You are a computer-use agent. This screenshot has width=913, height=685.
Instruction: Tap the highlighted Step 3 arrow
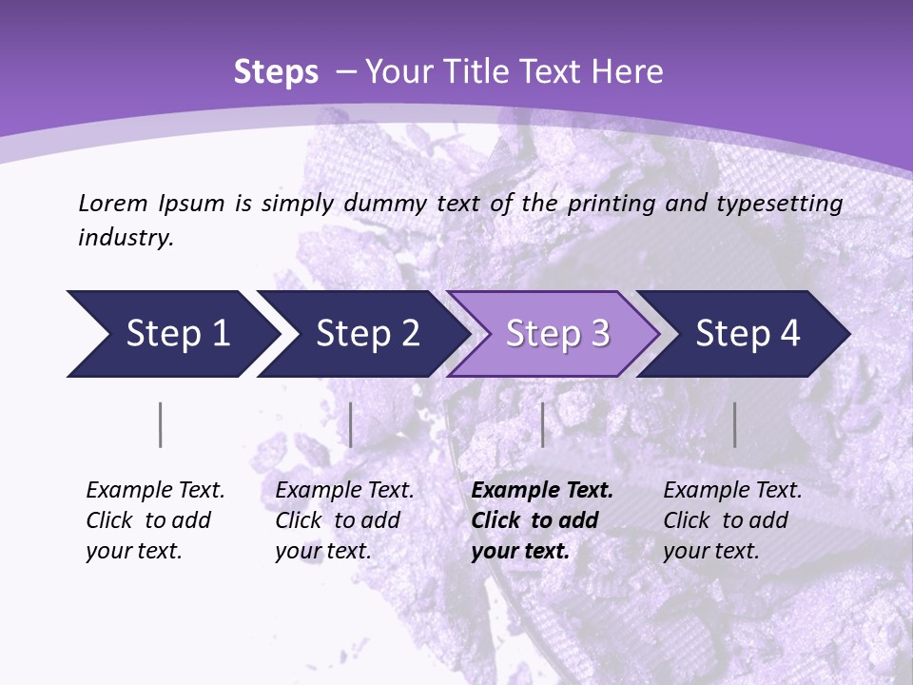554,334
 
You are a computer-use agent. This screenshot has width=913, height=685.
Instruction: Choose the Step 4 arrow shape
745,334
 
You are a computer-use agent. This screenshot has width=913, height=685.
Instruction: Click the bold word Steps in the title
276,72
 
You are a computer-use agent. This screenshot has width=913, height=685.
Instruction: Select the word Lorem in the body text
113,204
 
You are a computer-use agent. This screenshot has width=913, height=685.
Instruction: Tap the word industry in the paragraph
125,237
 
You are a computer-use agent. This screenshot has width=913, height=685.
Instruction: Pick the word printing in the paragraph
611,204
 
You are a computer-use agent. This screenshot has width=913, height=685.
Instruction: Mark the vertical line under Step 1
161,424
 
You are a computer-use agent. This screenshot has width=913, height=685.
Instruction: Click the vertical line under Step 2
351,424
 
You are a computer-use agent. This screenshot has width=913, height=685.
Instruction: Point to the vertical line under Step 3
542,424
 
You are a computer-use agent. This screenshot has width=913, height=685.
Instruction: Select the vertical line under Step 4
734,424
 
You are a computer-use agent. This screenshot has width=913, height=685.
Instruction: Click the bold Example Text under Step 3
542,491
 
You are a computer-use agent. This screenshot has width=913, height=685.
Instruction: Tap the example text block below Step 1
155,520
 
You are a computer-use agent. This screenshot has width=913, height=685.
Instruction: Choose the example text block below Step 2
344,520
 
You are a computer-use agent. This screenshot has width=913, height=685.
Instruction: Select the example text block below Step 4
732,520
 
